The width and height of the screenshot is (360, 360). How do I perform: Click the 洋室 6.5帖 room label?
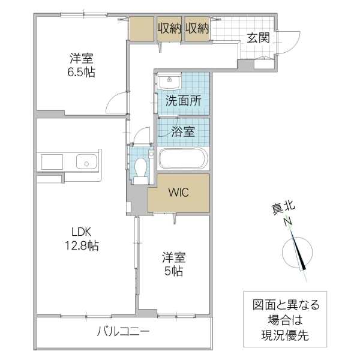(82, 65)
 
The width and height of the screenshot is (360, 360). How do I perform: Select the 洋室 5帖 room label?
(173, 264)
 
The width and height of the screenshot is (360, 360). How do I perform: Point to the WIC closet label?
(178, 193)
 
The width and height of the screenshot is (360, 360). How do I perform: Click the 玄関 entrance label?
(258, 39)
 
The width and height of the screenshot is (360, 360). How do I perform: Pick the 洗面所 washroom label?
(183, 101)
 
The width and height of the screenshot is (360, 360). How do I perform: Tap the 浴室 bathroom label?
(182, 132)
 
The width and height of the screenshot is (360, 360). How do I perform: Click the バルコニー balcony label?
(123, 332)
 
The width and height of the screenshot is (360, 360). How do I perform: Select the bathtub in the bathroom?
(183, 160)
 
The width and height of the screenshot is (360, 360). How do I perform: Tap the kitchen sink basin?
(87, 162)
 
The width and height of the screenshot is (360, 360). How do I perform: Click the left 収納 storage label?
(169, 28)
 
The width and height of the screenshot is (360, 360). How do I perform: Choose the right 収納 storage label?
(197, 28)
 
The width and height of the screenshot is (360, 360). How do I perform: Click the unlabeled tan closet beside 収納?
(142, 28)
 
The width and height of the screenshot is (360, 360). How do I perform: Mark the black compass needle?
(300, 254)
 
